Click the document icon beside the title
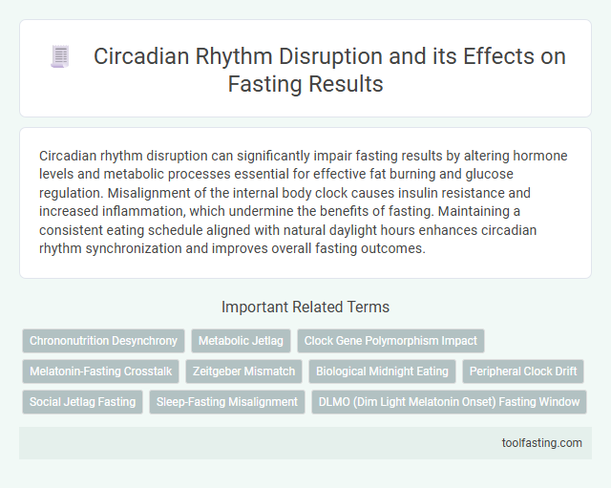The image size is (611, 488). coord(60,57)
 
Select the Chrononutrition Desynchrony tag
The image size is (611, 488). coord(103,341)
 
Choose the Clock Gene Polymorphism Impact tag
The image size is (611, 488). coord(390,341)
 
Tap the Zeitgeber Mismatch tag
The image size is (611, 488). coord(243,371)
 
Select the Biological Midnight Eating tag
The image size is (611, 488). coord(383,371)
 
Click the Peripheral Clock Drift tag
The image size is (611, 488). coord(524,371)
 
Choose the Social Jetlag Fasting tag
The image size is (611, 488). coord(82,402)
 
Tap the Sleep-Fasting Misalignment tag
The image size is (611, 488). coord(225,402)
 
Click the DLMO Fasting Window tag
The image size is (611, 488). coord(449,402)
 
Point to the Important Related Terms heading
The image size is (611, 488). coord(305,308)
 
